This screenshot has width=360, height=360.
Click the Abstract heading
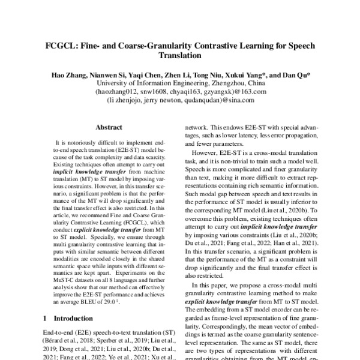[x=108, y=128]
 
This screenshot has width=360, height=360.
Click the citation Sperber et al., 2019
[x=118, y=339]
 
